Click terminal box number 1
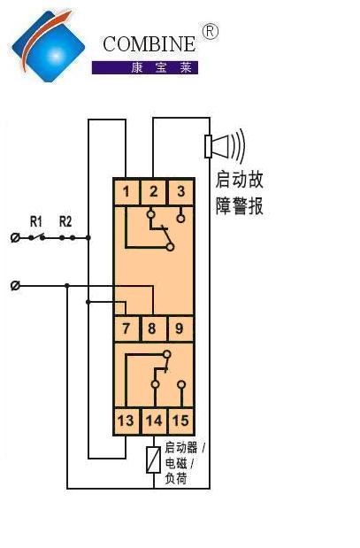pyautogui.click(x=126, y=192)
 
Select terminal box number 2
pyautogui.click(x=154, y=192)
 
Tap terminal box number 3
pyautogui.click(x=180, y=192)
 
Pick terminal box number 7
pyautogui.click(x=126, y=328)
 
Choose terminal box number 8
pyautogui.click(x=154, y=328)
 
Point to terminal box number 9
pyautogui.click(x=180, y=328)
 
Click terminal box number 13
pyautogui.click(x=126, y=421)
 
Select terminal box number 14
pyautogui.click(x=154, y=421)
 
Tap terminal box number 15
pyautogui.click(x=180, y=421)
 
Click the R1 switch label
pyautogui.click(x=36, y=221)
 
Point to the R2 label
pyautogui.click(x=65, y=221)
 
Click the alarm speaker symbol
pyautogui.click(x=225, y=146)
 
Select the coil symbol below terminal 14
pyautogui.click(x=154, y=459)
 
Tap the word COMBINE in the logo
pyautogui.click(x=149, y=44)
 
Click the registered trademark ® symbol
pyautogui.click(x=211, y=32)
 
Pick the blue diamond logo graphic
pyautogui.click(x=48, y=46)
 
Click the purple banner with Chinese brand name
pyautogui.click(x=145, y=67)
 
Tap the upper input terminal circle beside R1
pyautogui.click(x=15, y=238)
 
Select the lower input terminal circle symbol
pyautogui.click(x=15, y=286)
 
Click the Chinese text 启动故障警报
pyautogui.click(x=239, y=193)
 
